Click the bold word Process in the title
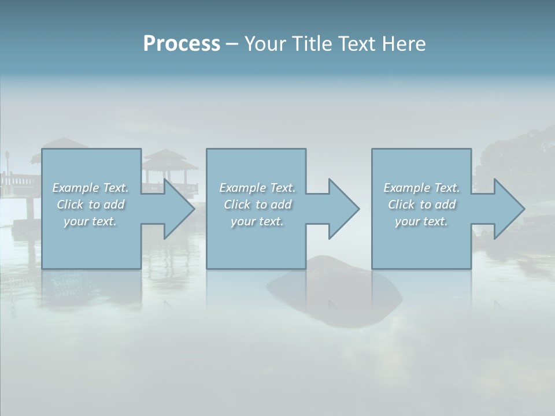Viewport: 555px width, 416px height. (x=182, y=44)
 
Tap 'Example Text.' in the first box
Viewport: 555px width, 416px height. (x=90, y=188)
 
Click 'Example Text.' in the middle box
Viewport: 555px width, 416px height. (x=257, y=188)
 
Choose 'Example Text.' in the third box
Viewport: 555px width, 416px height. (x=421, y=188)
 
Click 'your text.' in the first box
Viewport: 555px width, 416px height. (x=90, y=221)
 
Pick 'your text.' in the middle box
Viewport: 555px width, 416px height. (x=257, y=221)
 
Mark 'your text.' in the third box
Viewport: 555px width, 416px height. (x=421, y=221)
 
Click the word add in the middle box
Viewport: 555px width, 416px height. (x=281, y=205)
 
